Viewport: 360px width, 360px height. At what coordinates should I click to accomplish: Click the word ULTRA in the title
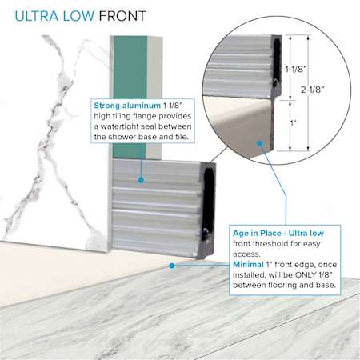(36, 16)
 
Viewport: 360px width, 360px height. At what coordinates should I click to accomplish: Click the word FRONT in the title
(122, 16)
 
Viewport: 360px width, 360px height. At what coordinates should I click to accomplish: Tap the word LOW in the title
(78, 16)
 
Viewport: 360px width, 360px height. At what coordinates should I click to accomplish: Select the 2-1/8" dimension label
(313, 90)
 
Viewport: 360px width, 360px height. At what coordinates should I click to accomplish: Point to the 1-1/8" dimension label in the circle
(296, 69)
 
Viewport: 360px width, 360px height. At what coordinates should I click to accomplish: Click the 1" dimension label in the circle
(294, 122)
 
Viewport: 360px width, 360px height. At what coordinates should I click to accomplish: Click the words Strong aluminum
(127, 106)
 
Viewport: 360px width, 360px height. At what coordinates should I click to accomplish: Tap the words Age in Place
(256, 233)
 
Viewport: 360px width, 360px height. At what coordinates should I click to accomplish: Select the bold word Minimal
(248, 265)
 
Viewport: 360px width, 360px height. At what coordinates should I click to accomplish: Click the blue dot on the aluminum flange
(141, 180)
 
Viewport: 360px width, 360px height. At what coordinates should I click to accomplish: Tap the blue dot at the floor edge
(172, 266)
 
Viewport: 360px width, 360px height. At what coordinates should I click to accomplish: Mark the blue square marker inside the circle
(260, 143)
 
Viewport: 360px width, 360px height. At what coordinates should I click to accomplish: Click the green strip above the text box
(130, 67)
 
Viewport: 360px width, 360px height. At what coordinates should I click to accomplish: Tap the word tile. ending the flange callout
(181, 137)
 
